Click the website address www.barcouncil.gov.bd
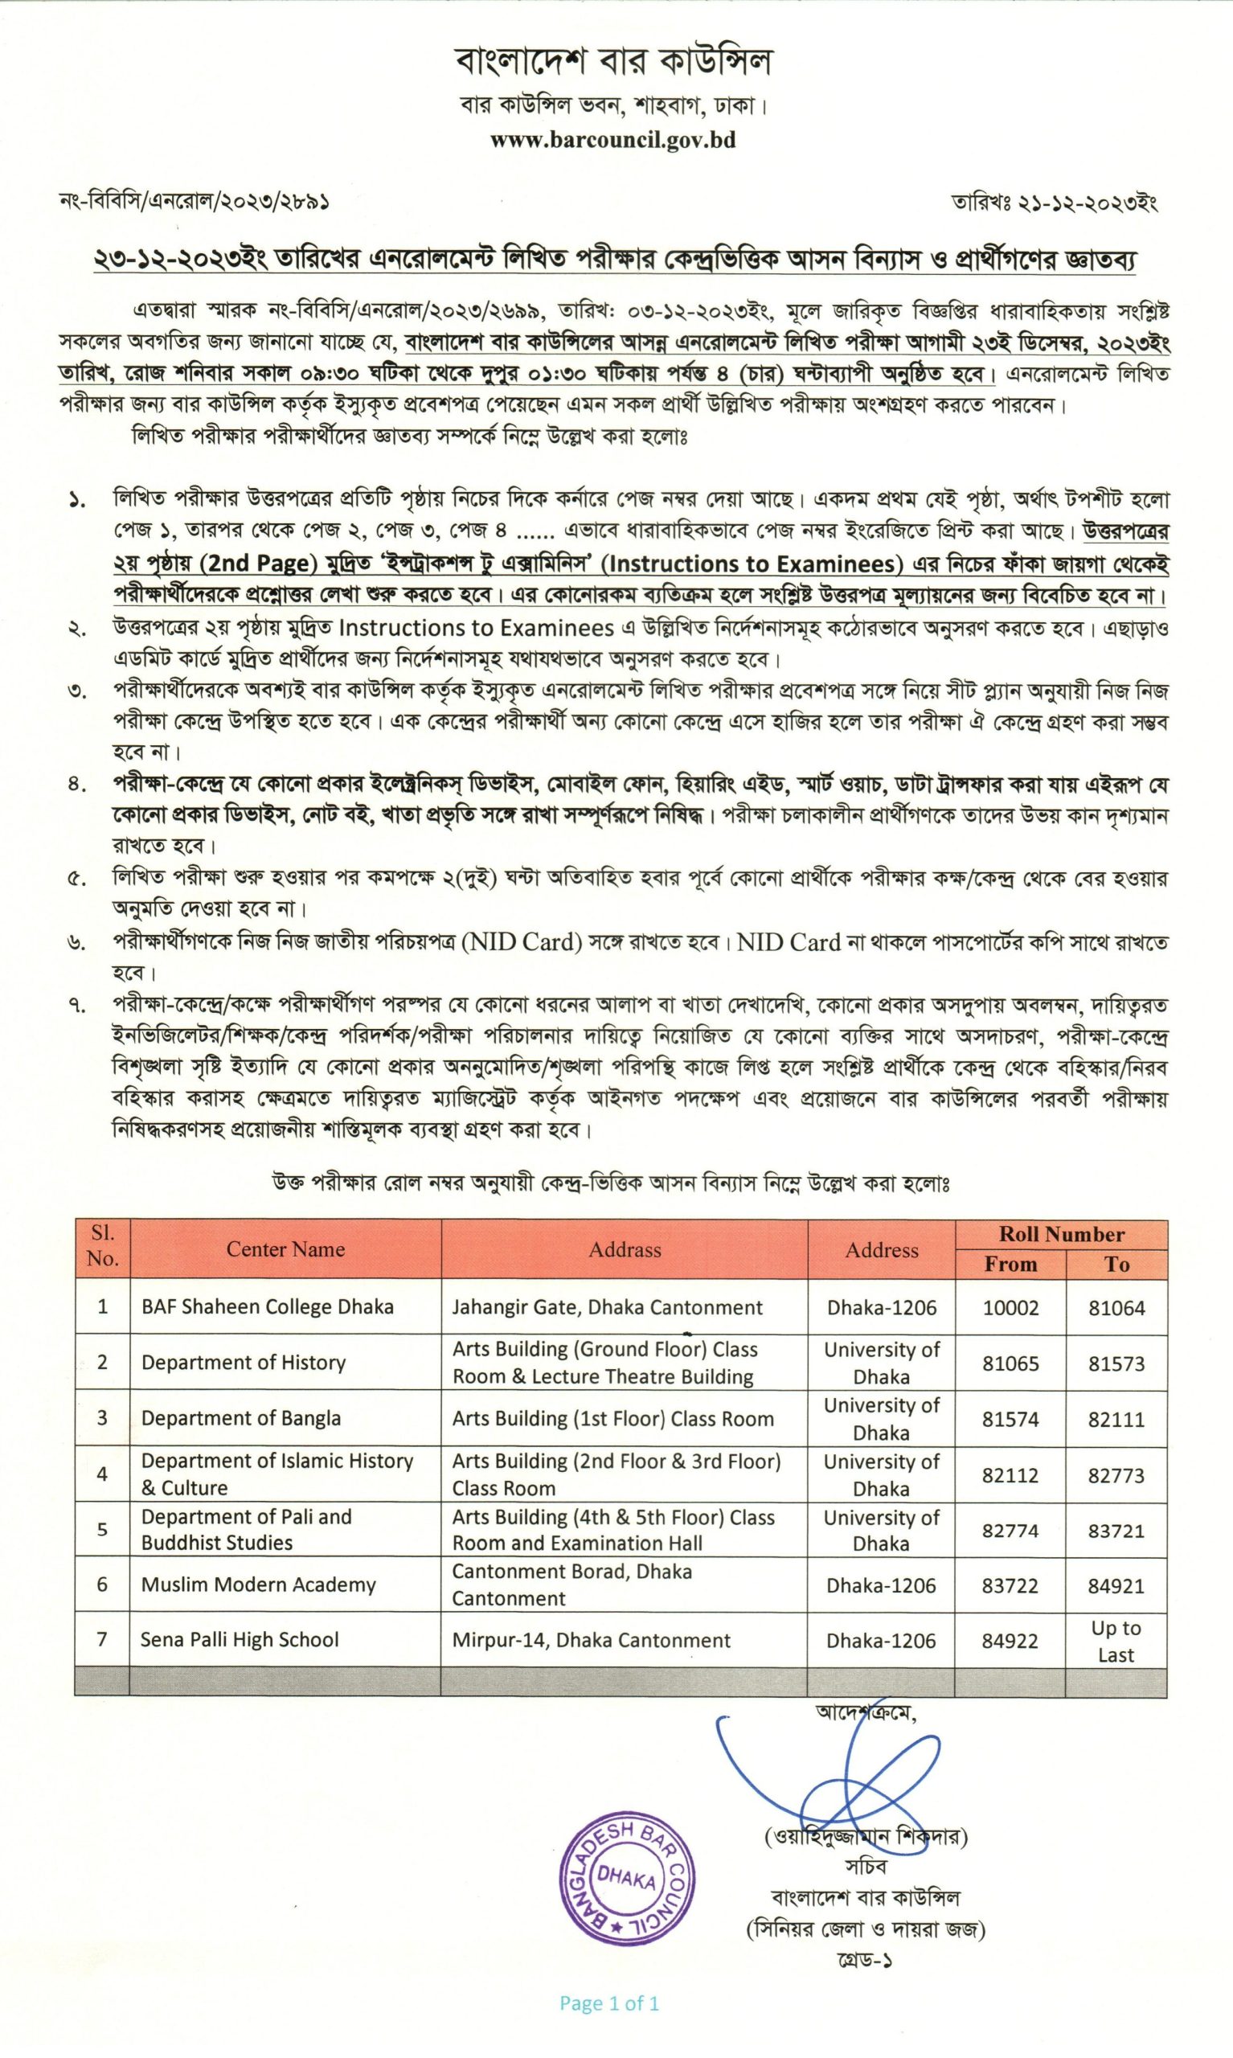coord(612,140)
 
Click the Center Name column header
coord(285,1248)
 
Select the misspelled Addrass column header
coord(625,1249)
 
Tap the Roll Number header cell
coord(1061,1234)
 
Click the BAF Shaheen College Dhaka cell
coord(267,1306)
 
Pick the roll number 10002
coord(1010,1308)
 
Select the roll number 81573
coord(1116,1363)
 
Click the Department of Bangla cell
coord(241,1418)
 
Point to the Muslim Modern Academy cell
coord(258,1584)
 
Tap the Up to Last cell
coord(1116,1641)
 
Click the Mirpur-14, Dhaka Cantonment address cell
coord(591,1640)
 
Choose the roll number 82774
coord(1010,1531)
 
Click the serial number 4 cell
coord(102,1474)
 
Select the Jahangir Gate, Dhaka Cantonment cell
coord(607,1307)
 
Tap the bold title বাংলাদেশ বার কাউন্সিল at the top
coord(613,60)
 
